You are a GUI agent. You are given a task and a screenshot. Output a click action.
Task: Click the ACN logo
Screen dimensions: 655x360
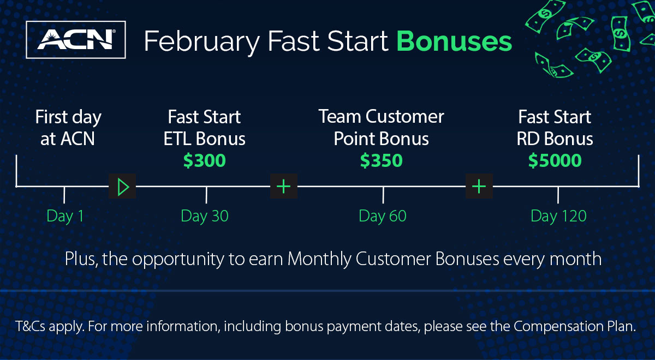(76, 40)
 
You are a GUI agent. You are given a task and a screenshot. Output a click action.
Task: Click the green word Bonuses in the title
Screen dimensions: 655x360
(454, 41)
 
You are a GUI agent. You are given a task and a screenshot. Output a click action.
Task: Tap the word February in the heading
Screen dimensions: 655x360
(202, 43)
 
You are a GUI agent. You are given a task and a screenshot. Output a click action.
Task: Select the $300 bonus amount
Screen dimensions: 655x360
(204, 160)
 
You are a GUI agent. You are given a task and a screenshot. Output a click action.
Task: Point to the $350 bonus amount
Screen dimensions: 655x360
(382, 160)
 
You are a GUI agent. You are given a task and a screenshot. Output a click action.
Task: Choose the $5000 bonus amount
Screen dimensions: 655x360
(555, 160)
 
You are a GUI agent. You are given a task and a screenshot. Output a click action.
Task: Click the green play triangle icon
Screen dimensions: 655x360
(122, 187)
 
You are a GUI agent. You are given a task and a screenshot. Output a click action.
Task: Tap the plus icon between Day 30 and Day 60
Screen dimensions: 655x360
(284, 187)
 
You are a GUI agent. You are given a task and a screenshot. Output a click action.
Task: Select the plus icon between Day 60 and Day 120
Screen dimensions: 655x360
(479, 187)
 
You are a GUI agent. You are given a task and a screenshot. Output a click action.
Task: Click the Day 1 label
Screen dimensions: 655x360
(65, 217)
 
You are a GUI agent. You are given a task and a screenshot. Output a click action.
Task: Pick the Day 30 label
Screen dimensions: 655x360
(205, 217)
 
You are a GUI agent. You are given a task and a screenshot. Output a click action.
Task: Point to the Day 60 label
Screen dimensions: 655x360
(383, 217)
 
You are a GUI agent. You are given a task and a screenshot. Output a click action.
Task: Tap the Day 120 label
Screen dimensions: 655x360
(558, 217)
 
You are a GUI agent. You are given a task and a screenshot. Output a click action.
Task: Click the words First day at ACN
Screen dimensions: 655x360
(68, 128)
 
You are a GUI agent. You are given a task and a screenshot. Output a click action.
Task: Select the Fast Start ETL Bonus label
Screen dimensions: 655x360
(204, 128)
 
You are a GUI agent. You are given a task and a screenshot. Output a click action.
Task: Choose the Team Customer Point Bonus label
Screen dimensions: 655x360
(382, 128)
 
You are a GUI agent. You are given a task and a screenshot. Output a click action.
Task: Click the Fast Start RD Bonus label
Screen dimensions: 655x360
(555, 128)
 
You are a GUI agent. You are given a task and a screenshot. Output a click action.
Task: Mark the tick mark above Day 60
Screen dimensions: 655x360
(383, 195)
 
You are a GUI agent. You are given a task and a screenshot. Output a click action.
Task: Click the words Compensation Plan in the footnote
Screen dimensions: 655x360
(575, 327)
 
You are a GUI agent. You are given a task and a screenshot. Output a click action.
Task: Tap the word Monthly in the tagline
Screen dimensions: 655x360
(319, 260)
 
